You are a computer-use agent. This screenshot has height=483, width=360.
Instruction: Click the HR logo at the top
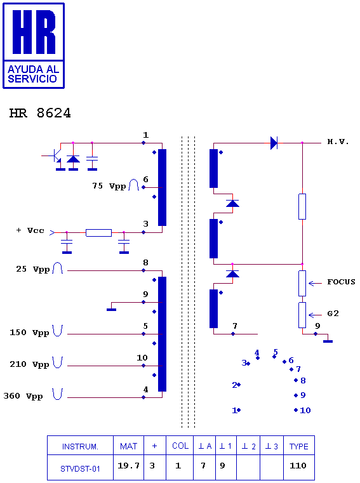click(34, 46)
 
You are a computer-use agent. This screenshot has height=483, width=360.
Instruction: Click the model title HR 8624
click(40, 113)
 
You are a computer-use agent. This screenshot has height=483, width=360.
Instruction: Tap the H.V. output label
click(338, 142)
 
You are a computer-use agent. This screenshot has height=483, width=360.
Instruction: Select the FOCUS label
click(341, 282)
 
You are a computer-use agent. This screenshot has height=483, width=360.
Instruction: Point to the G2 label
click(333, 314)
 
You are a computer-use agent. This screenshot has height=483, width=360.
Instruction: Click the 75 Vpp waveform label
click(109, 186)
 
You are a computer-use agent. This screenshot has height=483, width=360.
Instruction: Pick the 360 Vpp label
click(23, 396)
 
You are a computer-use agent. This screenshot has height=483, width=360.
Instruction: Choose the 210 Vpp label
click(29, 364)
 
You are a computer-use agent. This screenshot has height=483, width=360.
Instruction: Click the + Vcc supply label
click(30, 230)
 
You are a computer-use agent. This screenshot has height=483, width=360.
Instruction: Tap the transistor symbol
click(55, 155)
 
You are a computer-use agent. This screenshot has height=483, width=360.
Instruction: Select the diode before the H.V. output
click(274, 143)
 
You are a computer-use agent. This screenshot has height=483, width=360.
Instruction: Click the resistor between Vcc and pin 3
click(98, 232)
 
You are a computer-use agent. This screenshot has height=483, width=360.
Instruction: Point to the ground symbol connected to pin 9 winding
click(111, 309)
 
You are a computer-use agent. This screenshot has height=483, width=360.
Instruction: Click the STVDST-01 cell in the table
click(80, 469)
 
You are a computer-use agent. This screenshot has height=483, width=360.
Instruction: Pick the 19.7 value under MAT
click(128, 465)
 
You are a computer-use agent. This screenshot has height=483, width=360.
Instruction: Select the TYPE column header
click(298, 446)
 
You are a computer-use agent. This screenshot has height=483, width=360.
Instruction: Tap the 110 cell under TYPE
click(298, 465)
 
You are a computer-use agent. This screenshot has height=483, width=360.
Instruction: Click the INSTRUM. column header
click(80, 446)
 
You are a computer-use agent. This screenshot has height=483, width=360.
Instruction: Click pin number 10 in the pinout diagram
click(305, 410)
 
